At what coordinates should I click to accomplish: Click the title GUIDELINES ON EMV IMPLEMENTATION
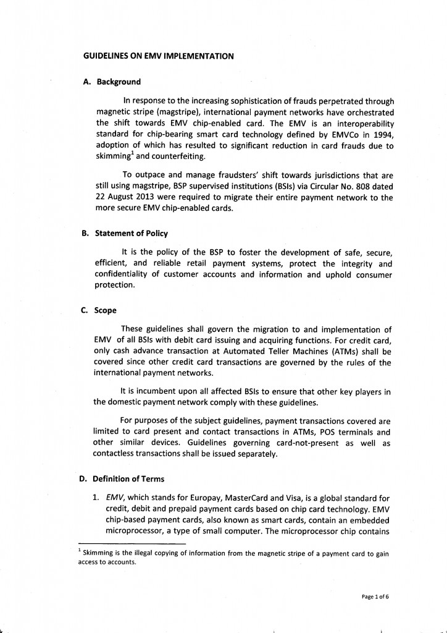pyautogui.click(x=158, y=56)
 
